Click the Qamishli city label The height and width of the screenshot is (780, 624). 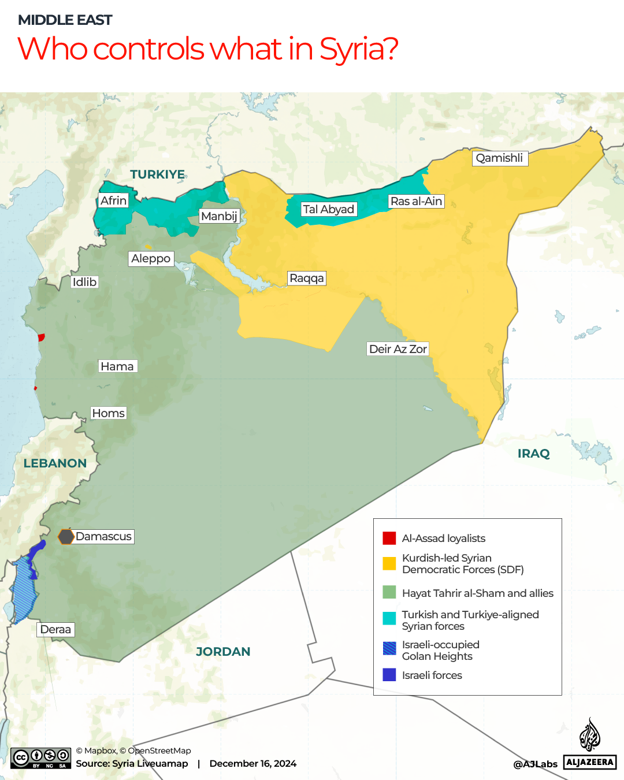click(500, 158)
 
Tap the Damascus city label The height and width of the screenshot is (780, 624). click(104, 537)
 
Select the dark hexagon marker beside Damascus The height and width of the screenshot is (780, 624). click(66, 537)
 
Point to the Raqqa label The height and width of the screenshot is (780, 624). click(307, 278)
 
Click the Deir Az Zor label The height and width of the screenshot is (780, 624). click(398, 349)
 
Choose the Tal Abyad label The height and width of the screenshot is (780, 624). click(328, 209)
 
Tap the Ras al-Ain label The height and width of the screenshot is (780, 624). click(416, 202)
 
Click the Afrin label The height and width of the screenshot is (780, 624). click(113, 200)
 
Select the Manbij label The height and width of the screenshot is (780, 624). click(219, 216)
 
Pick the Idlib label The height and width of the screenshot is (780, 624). click(84, 282)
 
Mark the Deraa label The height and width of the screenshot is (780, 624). click(55, 630)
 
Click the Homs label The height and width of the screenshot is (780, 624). click(109, 413)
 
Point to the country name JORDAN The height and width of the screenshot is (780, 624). click(223, 652)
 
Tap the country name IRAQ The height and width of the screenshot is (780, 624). click(533, 454)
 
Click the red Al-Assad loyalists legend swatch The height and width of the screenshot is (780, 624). click(389, 538)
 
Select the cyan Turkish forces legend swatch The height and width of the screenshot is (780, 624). click(389, 618)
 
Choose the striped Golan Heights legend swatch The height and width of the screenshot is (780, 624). click(389, 648)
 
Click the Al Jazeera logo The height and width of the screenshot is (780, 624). click(590, 745)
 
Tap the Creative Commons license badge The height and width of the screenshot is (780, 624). click(41, 758)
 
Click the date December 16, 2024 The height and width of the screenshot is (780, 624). click(253, 764)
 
